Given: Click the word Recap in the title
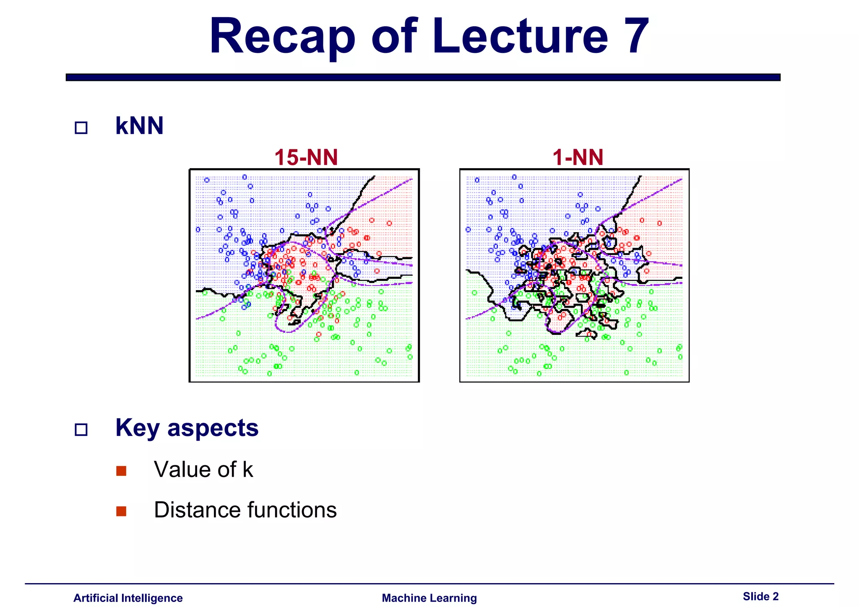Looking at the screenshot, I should pos(282,37).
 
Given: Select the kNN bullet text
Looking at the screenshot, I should pos(139,126).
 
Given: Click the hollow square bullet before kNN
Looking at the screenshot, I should pos(81,128).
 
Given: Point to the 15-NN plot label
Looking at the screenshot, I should pos(306,158).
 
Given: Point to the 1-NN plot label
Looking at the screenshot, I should pos(578,158).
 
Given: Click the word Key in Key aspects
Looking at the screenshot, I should pos(138,428).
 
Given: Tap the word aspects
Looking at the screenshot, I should pos(213,428).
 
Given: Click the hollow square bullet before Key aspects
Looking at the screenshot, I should pos(81,430).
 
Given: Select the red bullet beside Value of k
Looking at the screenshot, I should pos(121,471).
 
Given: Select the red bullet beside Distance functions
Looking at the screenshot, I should pos(121,511).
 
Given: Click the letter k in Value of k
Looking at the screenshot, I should pos(247,470).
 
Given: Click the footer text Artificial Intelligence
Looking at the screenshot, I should pos(128,598).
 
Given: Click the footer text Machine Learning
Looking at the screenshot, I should pos(429,598).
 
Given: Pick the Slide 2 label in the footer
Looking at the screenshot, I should pos(760,596).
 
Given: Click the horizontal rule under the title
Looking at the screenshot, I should pos(423,77).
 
